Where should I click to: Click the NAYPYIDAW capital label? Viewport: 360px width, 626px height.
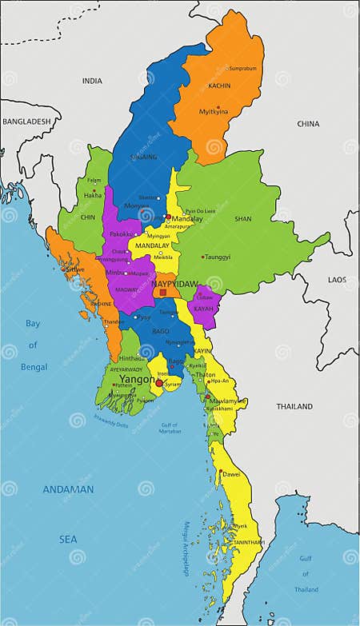click(x=175, y=283)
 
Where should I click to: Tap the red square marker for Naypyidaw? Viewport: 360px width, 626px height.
click(x=163, y=293)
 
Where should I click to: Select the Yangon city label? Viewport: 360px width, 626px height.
click(x=138, y=380)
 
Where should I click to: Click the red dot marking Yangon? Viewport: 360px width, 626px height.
click(x=159, y=384)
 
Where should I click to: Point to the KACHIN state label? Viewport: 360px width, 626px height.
click(x=219, y=86)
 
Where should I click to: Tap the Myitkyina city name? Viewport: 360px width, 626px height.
click(x=214, y=111)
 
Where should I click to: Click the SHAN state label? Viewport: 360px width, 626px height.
click(x=243, y=218)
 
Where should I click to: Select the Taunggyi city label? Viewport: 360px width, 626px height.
click(x=218, y=257)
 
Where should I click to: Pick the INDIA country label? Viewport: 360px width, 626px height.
click(x=92, y=81)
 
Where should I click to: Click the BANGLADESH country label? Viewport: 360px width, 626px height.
click(x=26, y=122)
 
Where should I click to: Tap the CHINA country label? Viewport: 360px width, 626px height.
click(x=308, y=124)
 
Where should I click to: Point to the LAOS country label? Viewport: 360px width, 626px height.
click(x=337, y=279)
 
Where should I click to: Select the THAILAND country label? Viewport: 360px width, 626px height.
click(x=294, y=406)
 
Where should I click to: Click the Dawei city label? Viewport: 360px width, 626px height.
click(x=231, y=474)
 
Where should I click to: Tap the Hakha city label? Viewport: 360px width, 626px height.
click(x=94, y=195)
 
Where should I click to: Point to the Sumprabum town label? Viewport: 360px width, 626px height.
click(x=242, y=69)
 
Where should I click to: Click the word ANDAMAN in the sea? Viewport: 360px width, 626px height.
click(x=69, y=489)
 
